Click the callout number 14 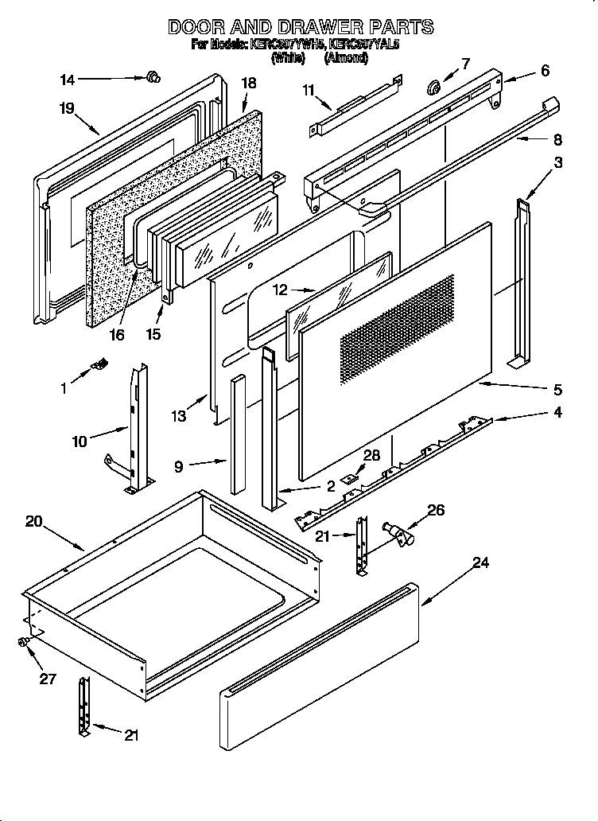(x=68, y=79)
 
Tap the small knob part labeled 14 (x=153, y=76)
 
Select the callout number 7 (x=465, y=64)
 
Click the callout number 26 (x=436, y=510)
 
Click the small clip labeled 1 (x=100, y=364)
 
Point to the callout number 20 (x=33, y=522)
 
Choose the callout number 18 (x=249, y=83)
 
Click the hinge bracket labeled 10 (x=138, y=430)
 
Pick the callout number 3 (x=559, y=163)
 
